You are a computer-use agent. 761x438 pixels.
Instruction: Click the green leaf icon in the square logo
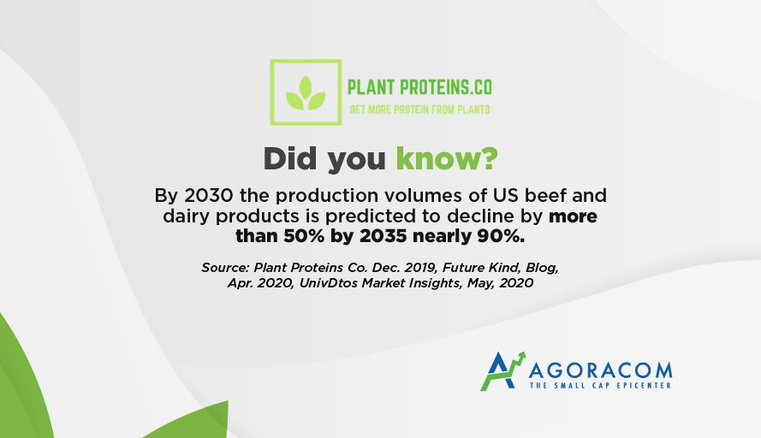click(x=306, y=92)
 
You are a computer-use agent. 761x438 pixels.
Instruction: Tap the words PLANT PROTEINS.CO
click(x=419, y=88)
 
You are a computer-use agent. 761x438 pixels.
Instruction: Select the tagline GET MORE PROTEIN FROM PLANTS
click(x=419, y=109)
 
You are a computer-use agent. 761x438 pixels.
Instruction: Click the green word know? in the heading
click(x=447, y=158)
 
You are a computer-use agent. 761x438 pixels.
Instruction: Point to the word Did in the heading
click(x=290, y=158)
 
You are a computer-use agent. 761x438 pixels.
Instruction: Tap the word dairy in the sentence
click(x=187, y=216)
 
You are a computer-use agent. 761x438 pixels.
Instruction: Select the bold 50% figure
click(x=304, y=236)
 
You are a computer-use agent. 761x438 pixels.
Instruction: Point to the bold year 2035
click(x=383, y=236)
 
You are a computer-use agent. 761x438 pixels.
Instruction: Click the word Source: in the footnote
click(x=225, y=268)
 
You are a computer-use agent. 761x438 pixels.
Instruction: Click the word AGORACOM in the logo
click(x=600, y=371)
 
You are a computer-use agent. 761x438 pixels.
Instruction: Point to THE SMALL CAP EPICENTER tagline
click(x=600, y=386)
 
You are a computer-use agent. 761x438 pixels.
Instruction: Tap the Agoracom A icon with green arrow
click(x=502, y=371)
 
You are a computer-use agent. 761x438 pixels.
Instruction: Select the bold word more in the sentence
click(x=573, y=216)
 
